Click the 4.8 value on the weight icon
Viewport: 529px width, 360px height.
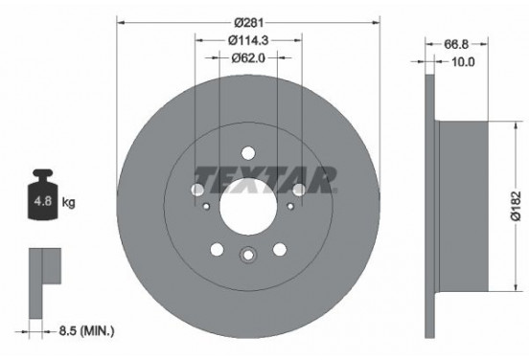[x=42, y=203]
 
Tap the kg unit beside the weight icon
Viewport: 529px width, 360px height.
[x=68, y=203]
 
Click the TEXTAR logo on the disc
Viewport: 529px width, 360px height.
[x=265, y=177]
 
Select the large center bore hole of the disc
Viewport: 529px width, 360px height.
[x=248, y=202]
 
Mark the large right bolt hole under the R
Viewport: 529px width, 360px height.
[x=299, y=191]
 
